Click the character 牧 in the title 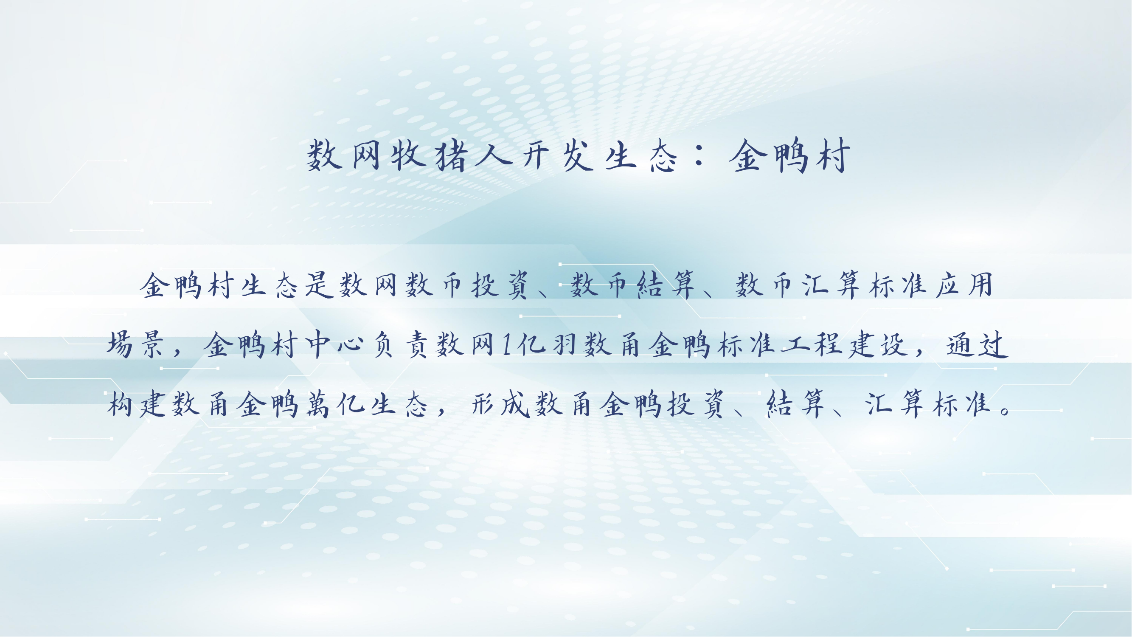[408, 155]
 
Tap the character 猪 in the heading [451, 155]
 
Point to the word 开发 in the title [557, 155]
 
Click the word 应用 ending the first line [964, 285]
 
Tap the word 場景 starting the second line [136, 344]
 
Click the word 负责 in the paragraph [400, 344]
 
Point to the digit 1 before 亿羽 [507, 344]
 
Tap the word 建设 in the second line [879, 344]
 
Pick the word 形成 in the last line [500, 403]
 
